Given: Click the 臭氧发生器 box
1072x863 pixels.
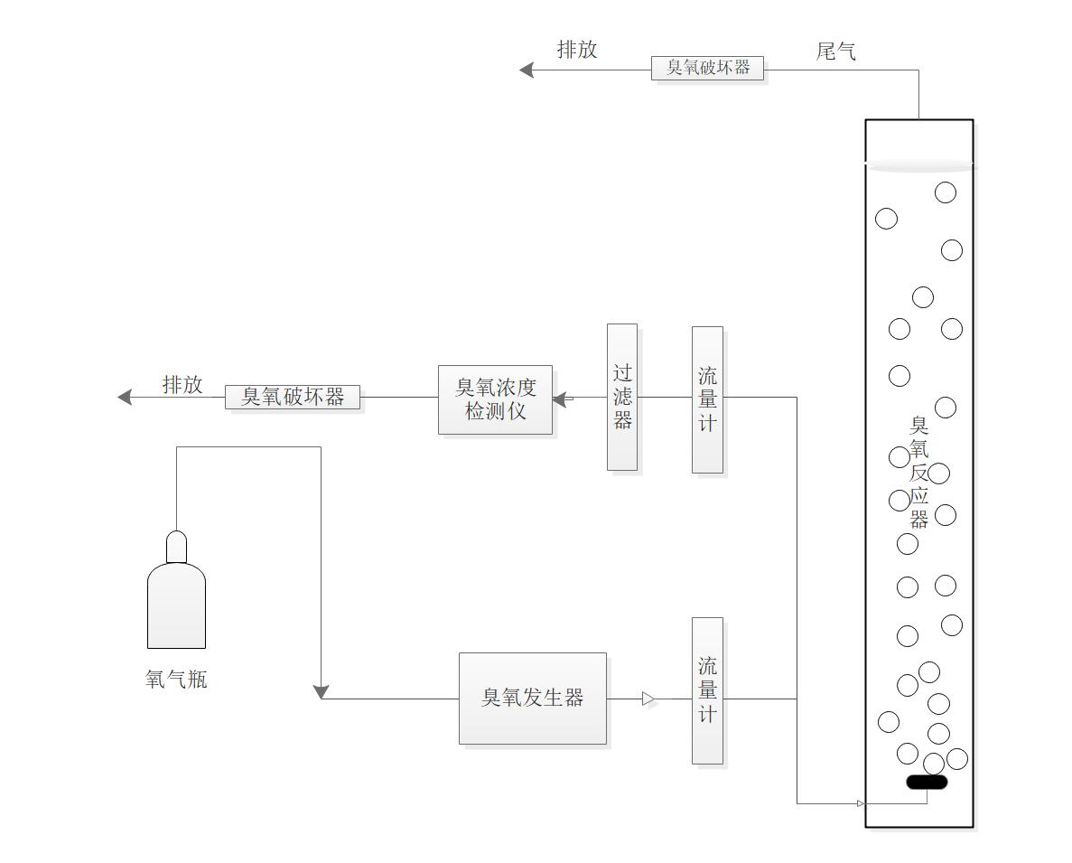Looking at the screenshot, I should tap(532, 698).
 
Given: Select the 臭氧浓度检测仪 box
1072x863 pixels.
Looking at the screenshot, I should tap(495, 399).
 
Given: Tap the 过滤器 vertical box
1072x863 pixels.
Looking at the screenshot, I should tap(621, 397).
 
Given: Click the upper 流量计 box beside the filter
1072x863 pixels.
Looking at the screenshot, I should tap(707, 399).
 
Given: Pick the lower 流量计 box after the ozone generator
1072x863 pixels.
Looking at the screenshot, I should tap(707, 690).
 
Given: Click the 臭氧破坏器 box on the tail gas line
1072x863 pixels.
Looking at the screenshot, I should tap(708, 68).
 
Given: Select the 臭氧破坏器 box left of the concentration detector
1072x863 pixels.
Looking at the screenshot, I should tap(293, 397).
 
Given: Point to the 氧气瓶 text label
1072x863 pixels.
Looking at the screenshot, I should tap(176, 680).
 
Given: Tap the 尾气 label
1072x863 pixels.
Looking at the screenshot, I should tap(835, 52).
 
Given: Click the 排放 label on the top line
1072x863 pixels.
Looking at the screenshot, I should tap(577, 50).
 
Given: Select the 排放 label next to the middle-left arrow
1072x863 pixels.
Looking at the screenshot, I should tap(182, 385).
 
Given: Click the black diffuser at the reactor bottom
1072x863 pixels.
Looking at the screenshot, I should tap(927, 782).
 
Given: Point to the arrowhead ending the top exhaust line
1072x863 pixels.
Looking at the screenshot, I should tap(527, 70).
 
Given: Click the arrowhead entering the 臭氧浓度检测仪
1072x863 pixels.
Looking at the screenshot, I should tap(560, 398).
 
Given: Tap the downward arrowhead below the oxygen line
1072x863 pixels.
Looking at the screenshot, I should tap(322, 692).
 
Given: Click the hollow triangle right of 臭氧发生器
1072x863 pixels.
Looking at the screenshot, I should tap(648, 699).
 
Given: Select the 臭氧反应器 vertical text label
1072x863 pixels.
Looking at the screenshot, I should tap(919, 472).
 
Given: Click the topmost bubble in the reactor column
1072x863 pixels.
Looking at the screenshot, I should tap(945, 192).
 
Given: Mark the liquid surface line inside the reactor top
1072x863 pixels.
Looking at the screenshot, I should tap(919, 165).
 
